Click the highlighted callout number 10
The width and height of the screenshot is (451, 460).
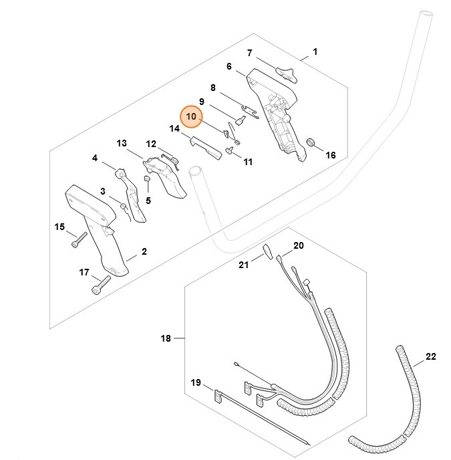(x=192, y=117)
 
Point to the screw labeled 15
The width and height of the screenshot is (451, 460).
(x=79, y=238)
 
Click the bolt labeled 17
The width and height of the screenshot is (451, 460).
(x=99, y=288)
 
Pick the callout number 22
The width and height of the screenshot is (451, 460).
(x=430, y=357)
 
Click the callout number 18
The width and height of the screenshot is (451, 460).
(x=166, y=339)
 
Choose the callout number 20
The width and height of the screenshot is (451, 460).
(x=298, y=246)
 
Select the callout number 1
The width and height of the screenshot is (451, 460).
(x=315, y=51)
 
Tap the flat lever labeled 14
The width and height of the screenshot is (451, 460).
(x=205, y=147)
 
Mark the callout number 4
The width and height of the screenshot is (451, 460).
(x=95, y=158)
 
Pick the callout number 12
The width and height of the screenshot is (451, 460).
(x=151, y=144)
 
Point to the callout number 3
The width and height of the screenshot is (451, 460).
(x=103, y=191)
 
